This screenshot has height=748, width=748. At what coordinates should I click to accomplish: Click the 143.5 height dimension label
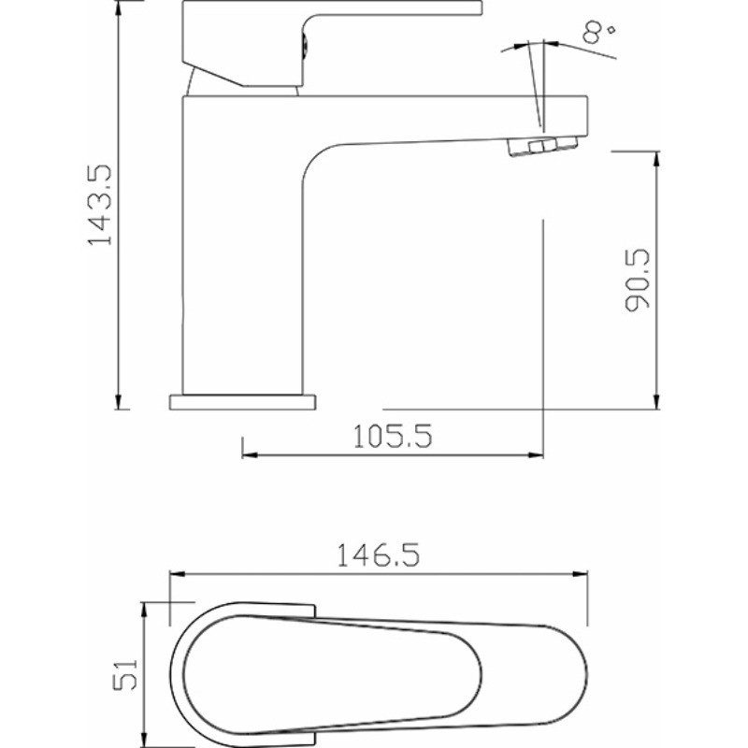[100, 205]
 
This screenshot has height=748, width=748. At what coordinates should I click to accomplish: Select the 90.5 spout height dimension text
[638, 280]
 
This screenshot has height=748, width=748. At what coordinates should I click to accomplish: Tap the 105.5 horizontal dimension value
[393, 436]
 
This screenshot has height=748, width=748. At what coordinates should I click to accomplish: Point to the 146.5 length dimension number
[379, 554]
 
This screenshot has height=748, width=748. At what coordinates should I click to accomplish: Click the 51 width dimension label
[125, 674]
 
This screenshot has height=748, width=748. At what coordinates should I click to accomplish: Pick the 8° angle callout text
[597, 31]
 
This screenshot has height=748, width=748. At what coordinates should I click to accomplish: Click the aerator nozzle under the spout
[543, 146]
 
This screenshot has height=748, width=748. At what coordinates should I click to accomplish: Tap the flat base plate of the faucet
[242, 402]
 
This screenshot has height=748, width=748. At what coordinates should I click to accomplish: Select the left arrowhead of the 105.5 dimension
[250, 455]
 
